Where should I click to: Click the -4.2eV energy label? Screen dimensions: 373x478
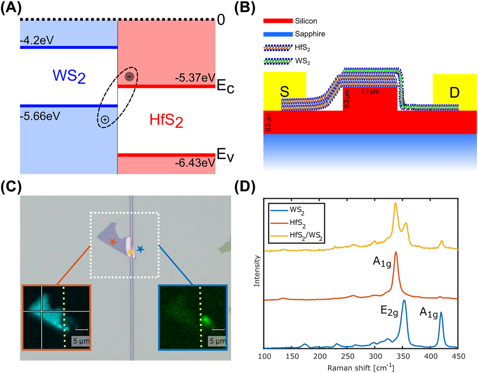point(36,40)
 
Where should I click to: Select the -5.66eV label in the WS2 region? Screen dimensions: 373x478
point(40,117)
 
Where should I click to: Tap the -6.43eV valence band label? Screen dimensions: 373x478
point(195,163)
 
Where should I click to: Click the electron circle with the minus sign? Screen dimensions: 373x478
point(129,76)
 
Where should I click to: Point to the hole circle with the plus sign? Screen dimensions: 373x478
point(105,120)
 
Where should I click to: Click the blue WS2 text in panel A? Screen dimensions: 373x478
point(69,76)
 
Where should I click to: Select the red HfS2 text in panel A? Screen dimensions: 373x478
point(166,120)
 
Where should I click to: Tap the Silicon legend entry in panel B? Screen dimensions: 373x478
point(306,21)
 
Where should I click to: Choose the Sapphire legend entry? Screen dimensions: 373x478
point(310,34)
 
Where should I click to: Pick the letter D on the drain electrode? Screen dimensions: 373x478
point(454,93)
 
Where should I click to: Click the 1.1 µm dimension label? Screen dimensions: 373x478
point(370,92)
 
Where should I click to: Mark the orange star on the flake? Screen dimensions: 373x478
point(113,242)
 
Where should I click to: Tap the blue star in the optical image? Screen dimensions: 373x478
point(140,249)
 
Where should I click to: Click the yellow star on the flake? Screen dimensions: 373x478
point(130,252)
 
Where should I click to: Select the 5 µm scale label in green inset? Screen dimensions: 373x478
point(218,341)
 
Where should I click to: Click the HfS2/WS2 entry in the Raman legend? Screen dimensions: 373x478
point(306,235)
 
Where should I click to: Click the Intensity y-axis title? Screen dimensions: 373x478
point(257,271)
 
